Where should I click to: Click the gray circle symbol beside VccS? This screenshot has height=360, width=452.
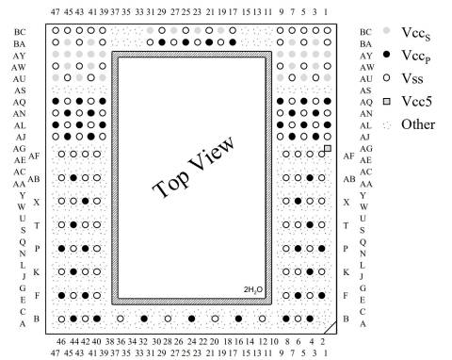pyautogui.click(x=387, y=31)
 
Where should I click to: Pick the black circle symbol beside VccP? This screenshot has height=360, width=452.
pyautogui.click(x=387, y=55)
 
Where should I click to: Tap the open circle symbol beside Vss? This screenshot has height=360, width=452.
pyautogui.click(x=387, y=77)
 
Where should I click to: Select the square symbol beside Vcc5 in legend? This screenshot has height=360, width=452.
pyautogui.click(x=387, y=101)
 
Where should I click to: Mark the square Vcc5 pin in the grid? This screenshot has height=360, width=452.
pyautogui.click(x=327, y=149)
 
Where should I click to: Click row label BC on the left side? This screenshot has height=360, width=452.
pyautogui.click(x=20, y=32)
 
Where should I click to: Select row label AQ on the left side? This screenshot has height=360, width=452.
pyautogui.click(x=20, y=101)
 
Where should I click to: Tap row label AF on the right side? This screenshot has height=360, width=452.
pyautogui.click(x=348, y=155)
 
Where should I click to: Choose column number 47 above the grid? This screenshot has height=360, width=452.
pyautogui.click(x=56, y=10)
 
